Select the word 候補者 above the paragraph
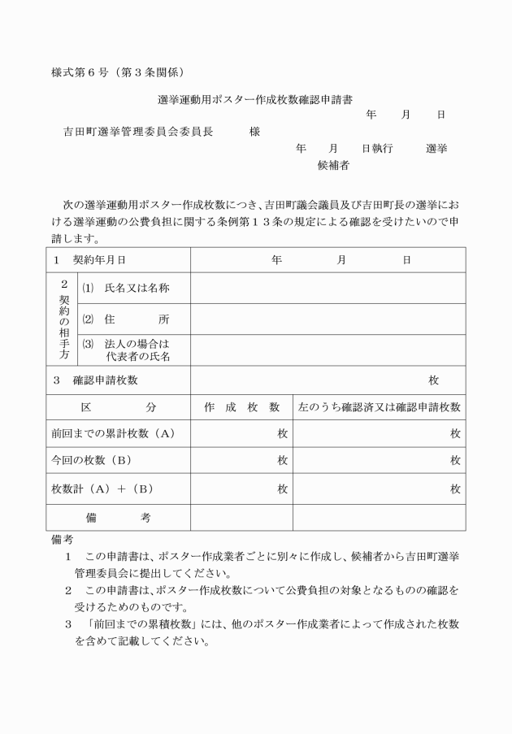[x=333, y=165]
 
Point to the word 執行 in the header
[x=382, y=149]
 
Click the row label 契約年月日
[x=101, y=260]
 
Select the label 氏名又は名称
[x=137, y=288]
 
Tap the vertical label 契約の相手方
[x=64, y=319]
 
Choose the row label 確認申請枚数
[x=106, y=380]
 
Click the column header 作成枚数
[x=241, y=406]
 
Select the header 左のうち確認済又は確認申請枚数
[x=380, y=406]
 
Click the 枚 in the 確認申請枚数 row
[x=434, y=380]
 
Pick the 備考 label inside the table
[x=119, y=516]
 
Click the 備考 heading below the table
[x=60, y=539]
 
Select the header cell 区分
[x=119, y=406]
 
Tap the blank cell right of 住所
[x=328, y=319]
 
